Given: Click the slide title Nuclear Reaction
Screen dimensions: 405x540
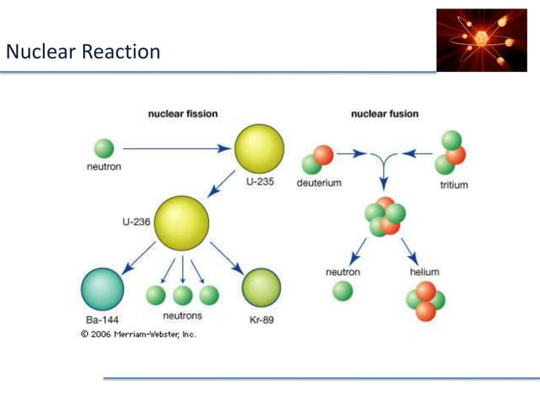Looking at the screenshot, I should point(82,53).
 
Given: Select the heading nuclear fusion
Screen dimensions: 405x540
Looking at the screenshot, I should point(384,114).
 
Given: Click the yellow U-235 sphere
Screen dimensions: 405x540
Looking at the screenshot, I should point(259,148).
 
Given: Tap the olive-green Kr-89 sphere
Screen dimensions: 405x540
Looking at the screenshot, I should point(261,289).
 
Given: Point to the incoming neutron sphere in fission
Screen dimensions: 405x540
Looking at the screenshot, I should point(103,148).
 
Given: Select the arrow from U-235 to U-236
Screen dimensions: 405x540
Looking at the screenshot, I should point(223,182).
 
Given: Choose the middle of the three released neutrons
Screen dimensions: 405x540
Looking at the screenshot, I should point(182,295).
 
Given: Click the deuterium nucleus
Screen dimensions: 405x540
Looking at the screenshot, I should point(317,160).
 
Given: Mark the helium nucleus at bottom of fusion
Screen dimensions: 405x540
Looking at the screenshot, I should point(425,302).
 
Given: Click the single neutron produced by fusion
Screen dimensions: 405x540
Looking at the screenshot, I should point(343,291).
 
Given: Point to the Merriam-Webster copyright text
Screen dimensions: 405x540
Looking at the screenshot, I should point(139,334).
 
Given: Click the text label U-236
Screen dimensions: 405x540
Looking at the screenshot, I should point(136,221).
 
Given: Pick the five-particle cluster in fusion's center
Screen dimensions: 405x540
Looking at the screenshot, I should point(384,216).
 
